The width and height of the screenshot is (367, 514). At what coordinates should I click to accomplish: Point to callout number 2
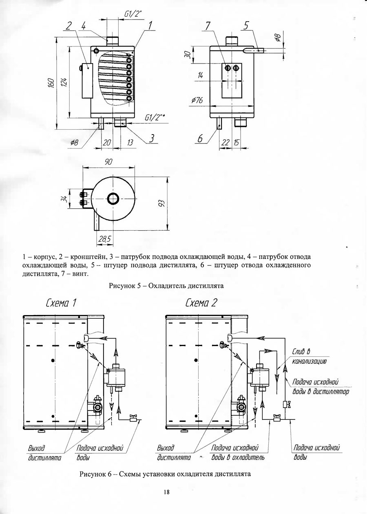click(69, 26)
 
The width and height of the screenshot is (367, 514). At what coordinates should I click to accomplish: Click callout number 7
click(208, 26)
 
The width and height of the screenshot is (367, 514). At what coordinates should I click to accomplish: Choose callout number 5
click(246, 26)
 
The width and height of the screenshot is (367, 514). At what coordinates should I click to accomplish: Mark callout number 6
click(200, 139)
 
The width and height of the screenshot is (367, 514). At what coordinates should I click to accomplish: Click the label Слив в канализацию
click(308, 356)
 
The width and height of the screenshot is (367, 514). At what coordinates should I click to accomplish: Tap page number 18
click(166, 492)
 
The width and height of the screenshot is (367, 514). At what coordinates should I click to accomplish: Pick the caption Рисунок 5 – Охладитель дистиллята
click(166, 286)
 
